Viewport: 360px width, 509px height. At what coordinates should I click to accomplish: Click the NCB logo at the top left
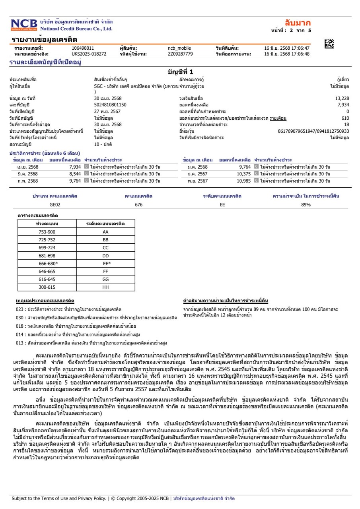pyautogui.click(x=24, y=25)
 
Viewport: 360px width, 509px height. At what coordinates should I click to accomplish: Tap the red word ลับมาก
pyautogui.click(x=298, y=22)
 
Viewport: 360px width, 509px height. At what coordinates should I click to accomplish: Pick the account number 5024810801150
pyautogui.click(x=110, y=105)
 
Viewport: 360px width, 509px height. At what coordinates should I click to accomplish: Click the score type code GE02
pyautogui.click(x=55, y=205)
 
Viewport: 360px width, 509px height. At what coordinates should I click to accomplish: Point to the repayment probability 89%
pyautogui.click(x=306, y=205)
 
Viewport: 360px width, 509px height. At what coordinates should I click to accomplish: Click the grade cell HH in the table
pyautogui.click(x=105, y=287)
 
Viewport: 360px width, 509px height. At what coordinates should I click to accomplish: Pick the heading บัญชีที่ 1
pyautogui.click(x=180, y=72)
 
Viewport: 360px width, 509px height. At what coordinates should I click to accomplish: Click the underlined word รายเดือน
pyautogui.click(x=278, y=118)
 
